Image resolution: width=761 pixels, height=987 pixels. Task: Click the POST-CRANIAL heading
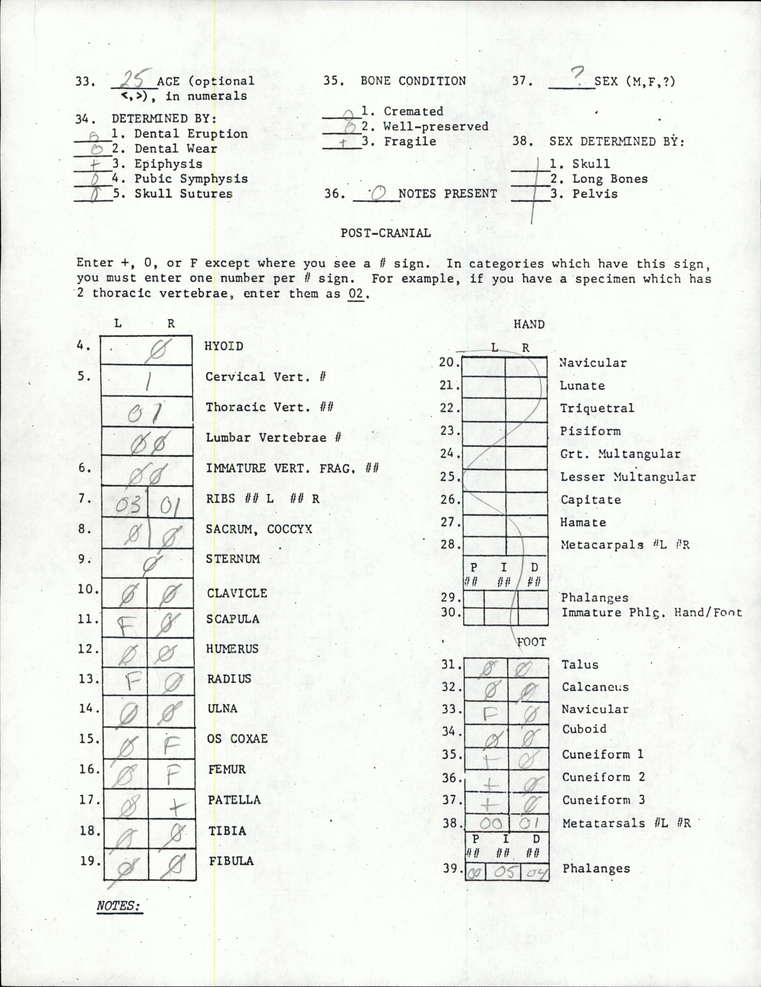point(386,233)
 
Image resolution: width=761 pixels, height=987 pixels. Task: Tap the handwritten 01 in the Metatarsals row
point(527,824)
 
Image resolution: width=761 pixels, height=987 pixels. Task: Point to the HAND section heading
point(529,325)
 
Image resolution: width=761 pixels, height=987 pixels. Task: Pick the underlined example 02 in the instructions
point(356,293)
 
